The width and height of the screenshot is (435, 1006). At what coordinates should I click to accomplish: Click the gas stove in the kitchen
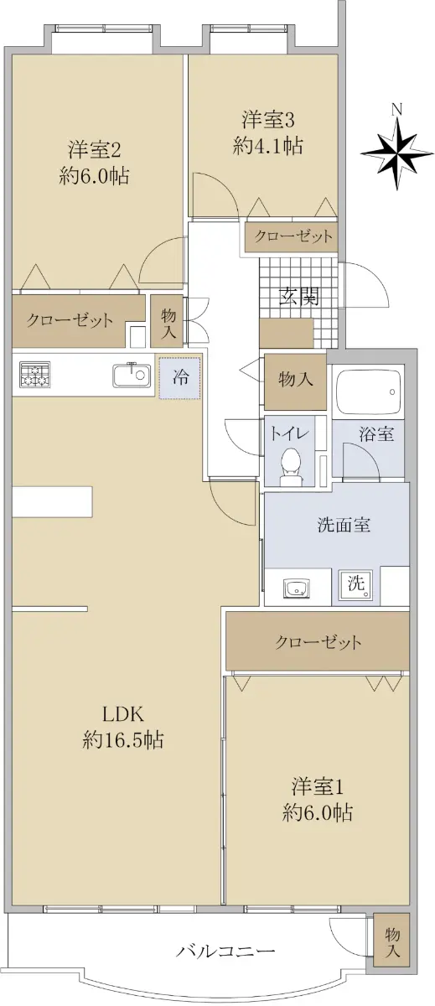click(x=35, y=374)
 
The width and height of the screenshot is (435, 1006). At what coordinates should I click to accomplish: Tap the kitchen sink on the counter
click(x=131, y=375)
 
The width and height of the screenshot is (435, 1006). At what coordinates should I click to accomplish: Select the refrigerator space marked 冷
click(x=180, y=377)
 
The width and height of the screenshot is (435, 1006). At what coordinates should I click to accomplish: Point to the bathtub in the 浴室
click(x=368, y=392)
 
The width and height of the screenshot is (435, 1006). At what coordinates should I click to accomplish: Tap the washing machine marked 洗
click(x=356, y=585)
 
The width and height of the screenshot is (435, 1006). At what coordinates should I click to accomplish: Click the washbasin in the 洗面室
click(x=297, y=588)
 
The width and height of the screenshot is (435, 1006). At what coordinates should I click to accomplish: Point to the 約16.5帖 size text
click(x=123, y=739)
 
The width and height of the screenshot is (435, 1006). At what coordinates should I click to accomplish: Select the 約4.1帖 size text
click(x=268, y=146)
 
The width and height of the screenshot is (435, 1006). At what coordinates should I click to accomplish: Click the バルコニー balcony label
click(x=225, y=950)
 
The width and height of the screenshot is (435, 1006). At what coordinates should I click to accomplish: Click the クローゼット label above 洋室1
click(x=318, y=642)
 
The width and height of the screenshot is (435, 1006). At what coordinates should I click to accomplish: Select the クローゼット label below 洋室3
click(x=293, y=236)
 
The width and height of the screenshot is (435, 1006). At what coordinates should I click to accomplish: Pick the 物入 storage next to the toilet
click(x=295, y=381)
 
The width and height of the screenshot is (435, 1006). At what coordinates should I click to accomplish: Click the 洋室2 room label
click(x=94, y=149)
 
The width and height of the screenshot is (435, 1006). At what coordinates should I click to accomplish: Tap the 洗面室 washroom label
click(x=344, y=525)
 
